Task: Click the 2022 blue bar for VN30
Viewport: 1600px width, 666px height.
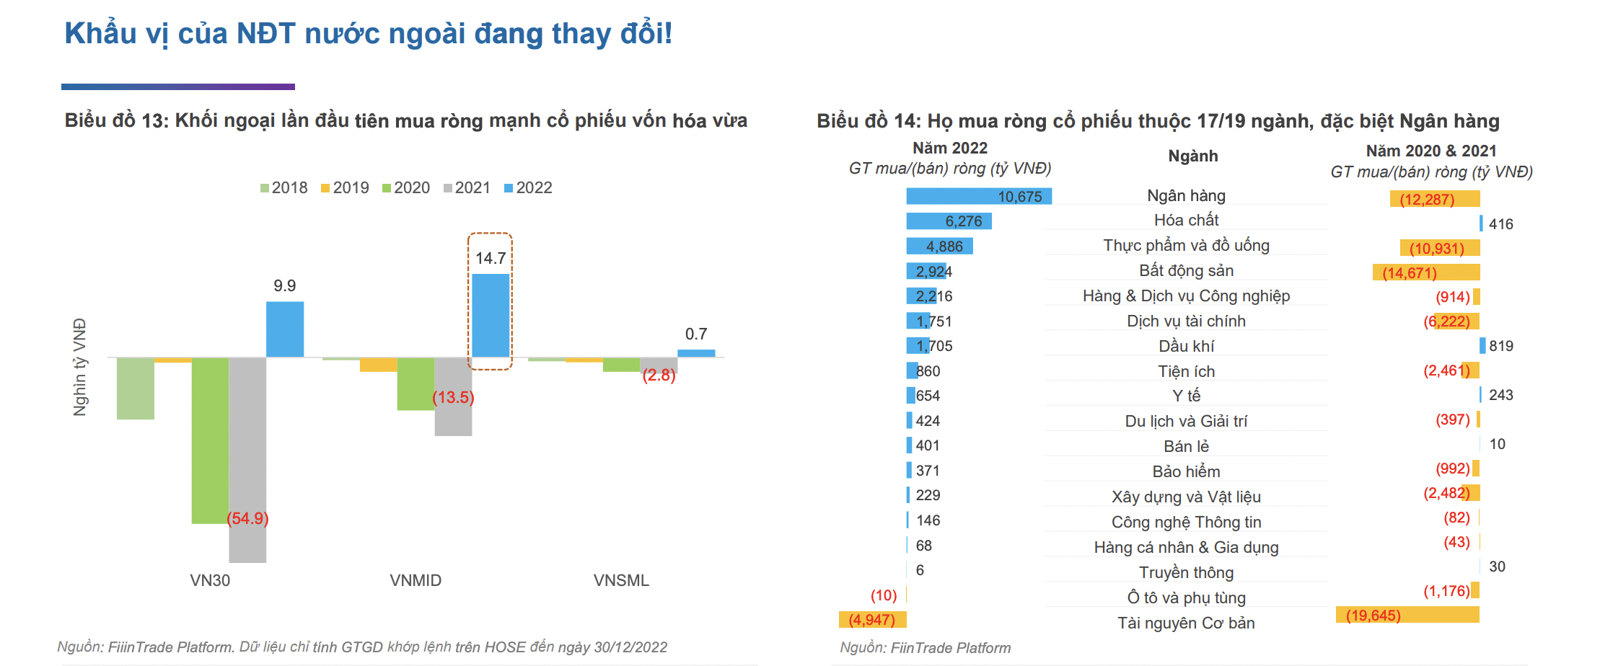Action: [285, 329]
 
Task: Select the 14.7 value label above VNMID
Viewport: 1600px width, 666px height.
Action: [491, 258]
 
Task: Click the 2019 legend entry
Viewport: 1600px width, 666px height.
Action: [345, 188]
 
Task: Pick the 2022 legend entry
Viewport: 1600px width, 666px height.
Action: [528, 188]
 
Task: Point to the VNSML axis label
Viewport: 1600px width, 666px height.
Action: [621, 580]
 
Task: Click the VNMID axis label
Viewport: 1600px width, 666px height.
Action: [416, 580]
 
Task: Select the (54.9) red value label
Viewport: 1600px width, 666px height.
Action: [247, 518]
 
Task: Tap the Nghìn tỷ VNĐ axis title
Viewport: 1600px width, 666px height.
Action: [80, 367]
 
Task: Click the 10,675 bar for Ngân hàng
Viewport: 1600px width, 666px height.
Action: [978, 196]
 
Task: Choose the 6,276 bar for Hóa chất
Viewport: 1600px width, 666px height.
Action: [949, 221]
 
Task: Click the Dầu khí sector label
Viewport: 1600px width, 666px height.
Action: [1186, 346]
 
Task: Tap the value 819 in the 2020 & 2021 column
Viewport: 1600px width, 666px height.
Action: [1501, 346]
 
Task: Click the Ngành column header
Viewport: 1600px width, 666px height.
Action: [1193, 156]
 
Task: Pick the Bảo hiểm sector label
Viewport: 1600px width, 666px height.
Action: [1186, 471]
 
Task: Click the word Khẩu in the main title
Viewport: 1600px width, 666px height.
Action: [100, 34]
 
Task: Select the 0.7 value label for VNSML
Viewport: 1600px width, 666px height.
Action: [696, 334]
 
